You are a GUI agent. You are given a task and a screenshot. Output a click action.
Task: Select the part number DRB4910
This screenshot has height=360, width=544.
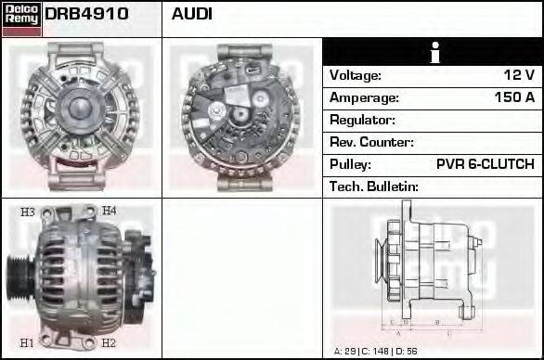tap(86, 14)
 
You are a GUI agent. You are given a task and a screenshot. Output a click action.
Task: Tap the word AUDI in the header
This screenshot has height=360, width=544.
tap(192, 14)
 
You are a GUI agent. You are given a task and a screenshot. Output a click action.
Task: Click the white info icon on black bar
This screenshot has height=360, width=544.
tap(433, 52)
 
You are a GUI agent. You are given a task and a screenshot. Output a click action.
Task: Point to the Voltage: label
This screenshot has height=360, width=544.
tap(356, 75)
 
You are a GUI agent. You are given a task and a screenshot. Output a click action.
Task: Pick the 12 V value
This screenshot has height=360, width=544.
tap(518, 75)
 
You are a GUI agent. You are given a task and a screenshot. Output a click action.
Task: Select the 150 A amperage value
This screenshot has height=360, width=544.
tap(514, 97)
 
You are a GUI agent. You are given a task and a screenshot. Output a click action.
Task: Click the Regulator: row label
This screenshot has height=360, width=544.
tap(363, 120)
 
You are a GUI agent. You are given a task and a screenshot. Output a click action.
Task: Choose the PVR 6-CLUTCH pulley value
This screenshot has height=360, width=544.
tap(486, 164)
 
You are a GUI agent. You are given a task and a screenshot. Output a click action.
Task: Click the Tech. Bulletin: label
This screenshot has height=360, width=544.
tap(374, 186)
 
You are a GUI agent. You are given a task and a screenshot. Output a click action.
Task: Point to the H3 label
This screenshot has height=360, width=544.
tap(28, 212)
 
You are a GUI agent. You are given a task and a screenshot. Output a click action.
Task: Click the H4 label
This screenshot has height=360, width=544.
tap(109, 212)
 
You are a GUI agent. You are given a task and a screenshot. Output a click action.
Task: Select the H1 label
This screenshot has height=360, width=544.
tap(28, 342)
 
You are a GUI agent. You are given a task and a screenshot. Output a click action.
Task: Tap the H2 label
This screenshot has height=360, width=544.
tap(108, 342)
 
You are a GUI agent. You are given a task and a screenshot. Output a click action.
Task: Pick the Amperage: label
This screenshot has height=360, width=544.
tap(364, 97)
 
